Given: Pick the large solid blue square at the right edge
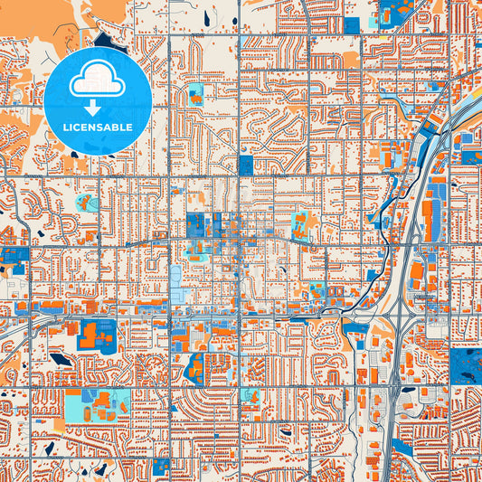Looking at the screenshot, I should point(465,365).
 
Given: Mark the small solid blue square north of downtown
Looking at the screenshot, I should point(246,165).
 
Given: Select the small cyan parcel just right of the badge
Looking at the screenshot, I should point(195,91).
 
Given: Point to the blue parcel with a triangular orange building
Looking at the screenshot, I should point(195,367).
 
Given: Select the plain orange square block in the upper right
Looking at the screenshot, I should point(351,60).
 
